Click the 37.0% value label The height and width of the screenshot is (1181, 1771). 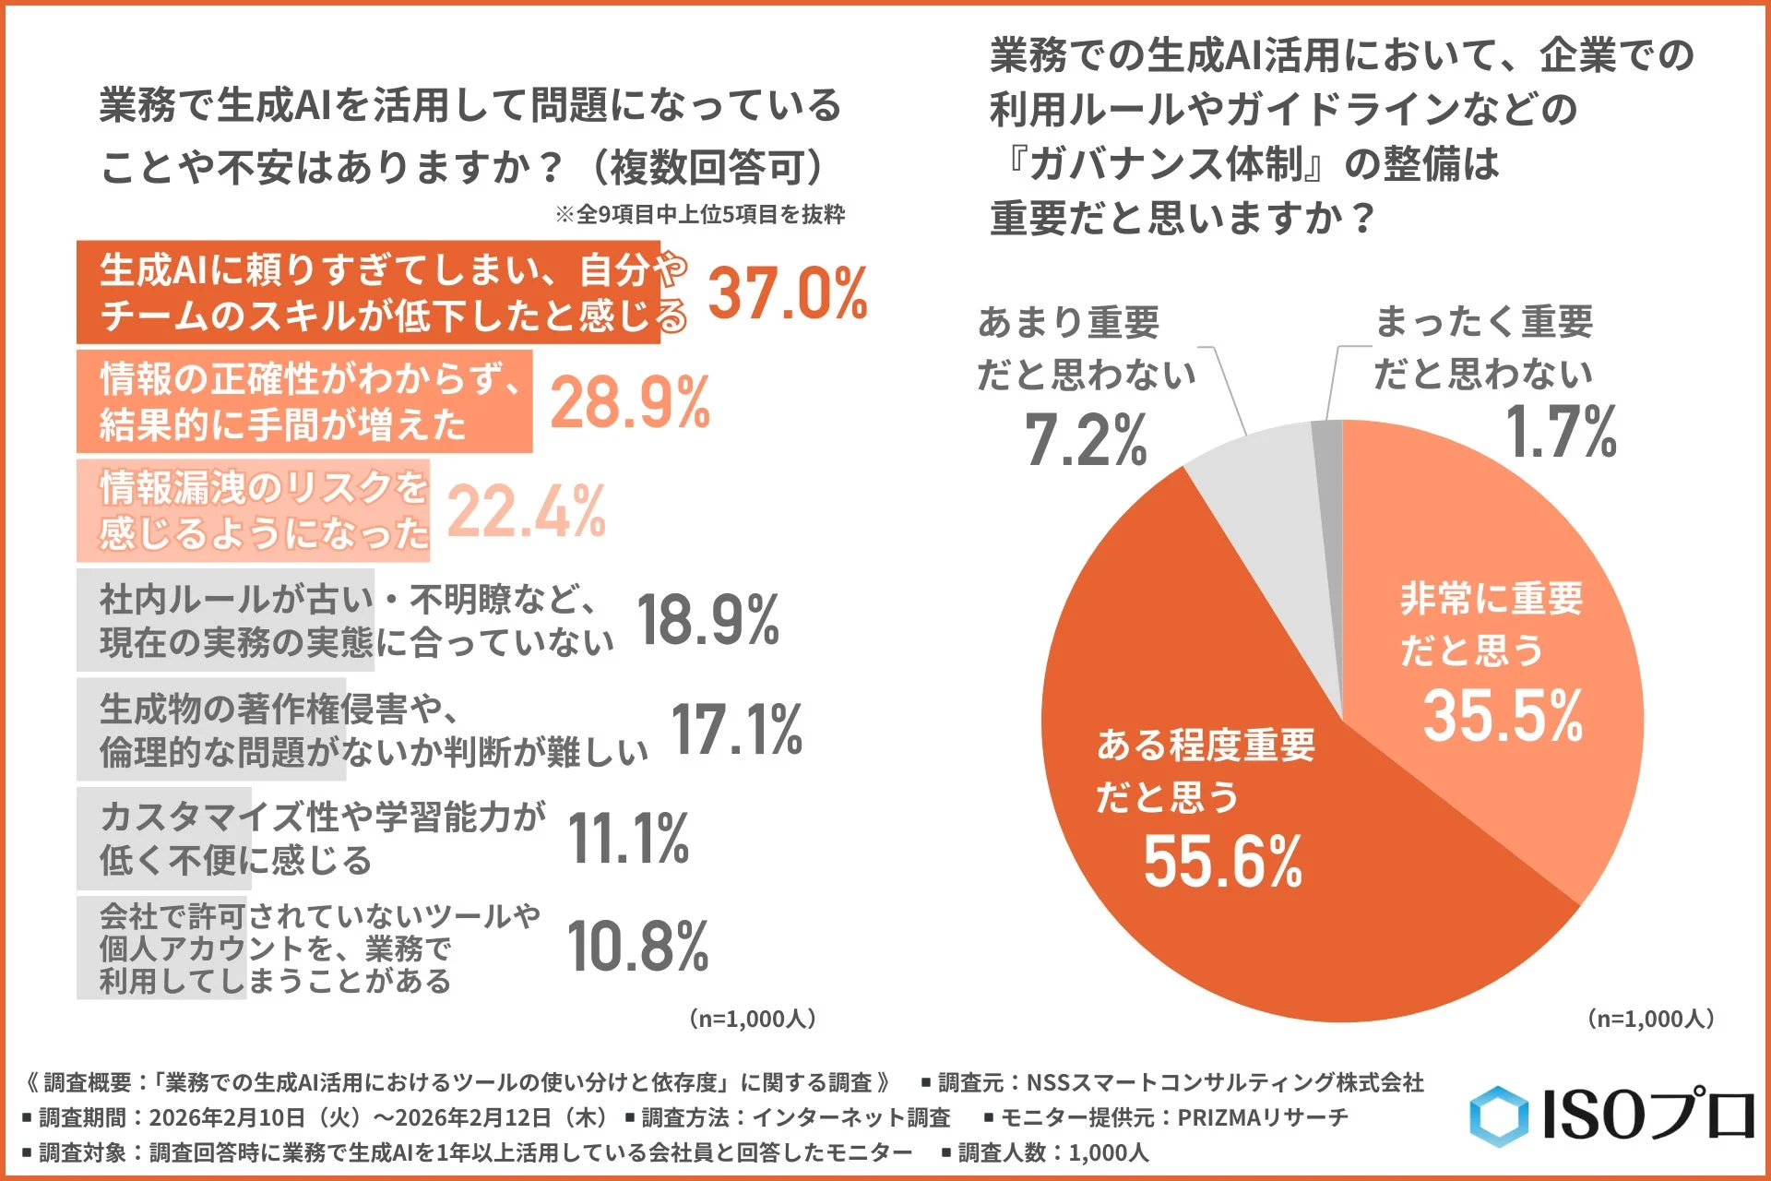787,292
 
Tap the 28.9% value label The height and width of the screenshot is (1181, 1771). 630,402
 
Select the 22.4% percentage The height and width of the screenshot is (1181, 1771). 526,511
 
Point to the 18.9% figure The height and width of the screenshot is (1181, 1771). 707,620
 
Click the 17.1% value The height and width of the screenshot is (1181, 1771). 736,729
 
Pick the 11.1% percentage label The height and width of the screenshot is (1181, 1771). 628,838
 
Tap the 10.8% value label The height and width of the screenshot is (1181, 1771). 637,947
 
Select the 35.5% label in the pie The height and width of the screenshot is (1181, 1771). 1503,716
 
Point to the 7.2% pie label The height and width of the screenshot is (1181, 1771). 1086,439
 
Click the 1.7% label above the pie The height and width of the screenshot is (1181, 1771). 1561,432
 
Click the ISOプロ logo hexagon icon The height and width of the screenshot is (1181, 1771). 1498,1116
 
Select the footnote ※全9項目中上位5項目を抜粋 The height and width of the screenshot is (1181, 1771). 699,215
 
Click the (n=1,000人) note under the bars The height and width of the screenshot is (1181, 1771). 752,1019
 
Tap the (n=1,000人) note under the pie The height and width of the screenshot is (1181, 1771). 1650,1019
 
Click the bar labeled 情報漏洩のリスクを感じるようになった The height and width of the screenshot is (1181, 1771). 253,510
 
